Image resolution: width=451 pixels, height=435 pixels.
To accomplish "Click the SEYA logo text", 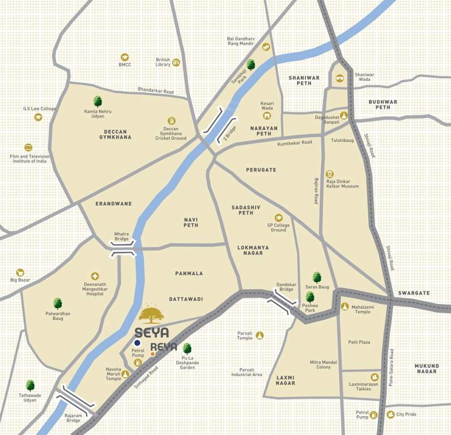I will coord(152,333).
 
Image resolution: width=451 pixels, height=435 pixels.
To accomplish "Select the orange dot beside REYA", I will coord(152,354).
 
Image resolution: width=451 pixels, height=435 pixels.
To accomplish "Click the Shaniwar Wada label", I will coord(364,78).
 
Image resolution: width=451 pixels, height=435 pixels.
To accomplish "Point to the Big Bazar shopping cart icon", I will coord(20,272).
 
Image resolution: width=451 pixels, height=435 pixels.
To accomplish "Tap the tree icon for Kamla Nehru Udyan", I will coord(97,101).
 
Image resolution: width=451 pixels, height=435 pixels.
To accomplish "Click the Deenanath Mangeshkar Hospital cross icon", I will coord(95,276).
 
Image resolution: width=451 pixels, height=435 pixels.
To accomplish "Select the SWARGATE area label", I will coord(414,293).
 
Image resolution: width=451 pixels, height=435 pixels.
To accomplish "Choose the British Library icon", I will coord(176,62).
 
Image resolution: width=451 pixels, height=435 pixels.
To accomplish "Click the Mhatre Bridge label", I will coord(122,236).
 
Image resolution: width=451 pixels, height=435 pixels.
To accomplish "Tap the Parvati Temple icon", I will coord(259,335).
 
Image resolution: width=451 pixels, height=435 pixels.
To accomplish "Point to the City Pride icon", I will coord(390,415).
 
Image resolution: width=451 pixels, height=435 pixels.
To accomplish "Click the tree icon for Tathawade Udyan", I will coord(30,385).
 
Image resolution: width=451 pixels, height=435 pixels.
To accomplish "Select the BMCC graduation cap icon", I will coord(125,57).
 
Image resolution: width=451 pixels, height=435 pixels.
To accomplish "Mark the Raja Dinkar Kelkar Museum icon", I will coord(330,174).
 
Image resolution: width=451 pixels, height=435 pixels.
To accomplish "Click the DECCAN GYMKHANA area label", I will coord(115,134).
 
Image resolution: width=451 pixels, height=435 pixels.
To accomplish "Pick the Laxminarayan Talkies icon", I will coord(375,377).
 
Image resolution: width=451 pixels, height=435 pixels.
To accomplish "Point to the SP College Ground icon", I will coord(278,217).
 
